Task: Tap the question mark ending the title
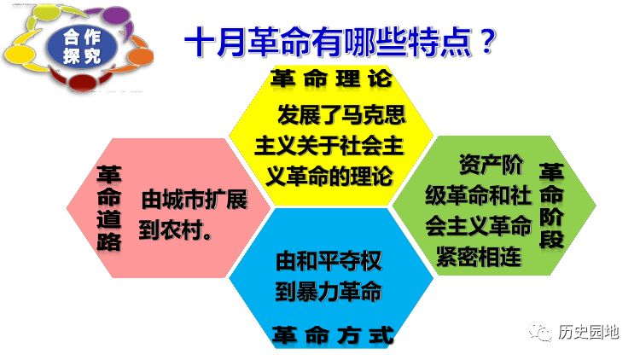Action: pos(486,41)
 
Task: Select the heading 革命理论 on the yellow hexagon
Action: pos(330,78)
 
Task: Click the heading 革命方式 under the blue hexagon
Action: pos(332,335)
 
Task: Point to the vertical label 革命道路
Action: pos(109,207)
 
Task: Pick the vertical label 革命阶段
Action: pos(551,206)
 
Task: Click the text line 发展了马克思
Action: pos(341,114)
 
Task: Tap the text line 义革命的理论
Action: pos(329,177)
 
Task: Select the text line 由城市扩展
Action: pos(195,200)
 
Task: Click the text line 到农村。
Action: pos(176,230)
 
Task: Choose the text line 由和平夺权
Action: pos(329,261)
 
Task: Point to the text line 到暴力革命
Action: pos(329,292)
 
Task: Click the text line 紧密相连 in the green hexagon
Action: pos(479,257)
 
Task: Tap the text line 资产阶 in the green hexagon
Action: pos(491,165)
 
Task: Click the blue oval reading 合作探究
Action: pos(82,47)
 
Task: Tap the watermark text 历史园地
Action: pos(589,332)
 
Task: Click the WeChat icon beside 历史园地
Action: pos(540,332)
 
